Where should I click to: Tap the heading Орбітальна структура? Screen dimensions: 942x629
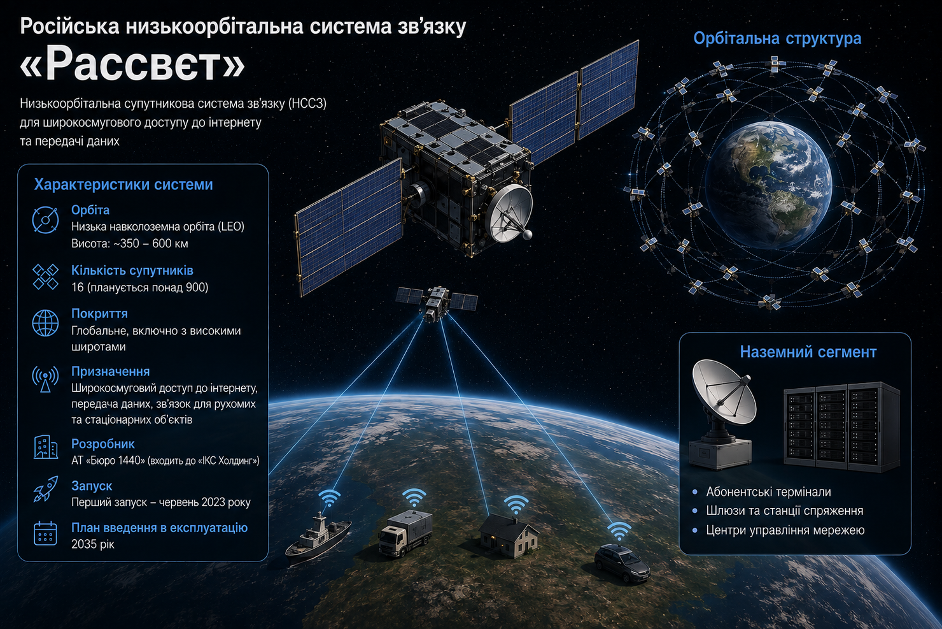coord(777,38)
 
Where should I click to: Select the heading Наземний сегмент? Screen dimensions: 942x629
coord(808,352)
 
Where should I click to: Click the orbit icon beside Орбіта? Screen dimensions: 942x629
coord(45,219)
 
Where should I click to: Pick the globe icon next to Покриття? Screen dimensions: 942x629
coord(45,323)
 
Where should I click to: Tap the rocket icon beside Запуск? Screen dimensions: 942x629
coord(45,489)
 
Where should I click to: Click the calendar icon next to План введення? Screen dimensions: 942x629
coord(45,533)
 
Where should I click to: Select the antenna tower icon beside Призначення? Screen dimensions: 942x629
coord(45,379)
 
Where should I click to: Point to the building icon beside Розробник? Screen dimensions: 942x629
coord(45,447)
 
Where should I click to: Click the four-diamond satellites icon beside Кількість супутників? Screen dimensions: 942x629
coord(45,277)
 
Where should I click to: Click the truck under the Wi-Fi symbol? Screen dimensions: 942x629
coord(405,533)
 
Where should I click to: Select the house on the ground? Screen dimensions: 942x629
coord(509,536)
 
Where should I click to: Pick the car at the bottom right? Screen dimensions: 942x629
coord(622,563)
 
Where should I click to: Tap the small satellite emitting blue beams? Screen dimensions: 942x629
coord(437,302)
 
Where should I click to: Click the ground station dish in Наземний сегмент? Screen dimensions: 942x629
coord(721,414)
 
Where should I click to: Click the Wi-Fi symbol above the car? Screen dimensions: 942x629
coord(619,531)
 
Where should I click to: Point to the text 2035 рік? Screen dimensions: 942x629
coord(92,544)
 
